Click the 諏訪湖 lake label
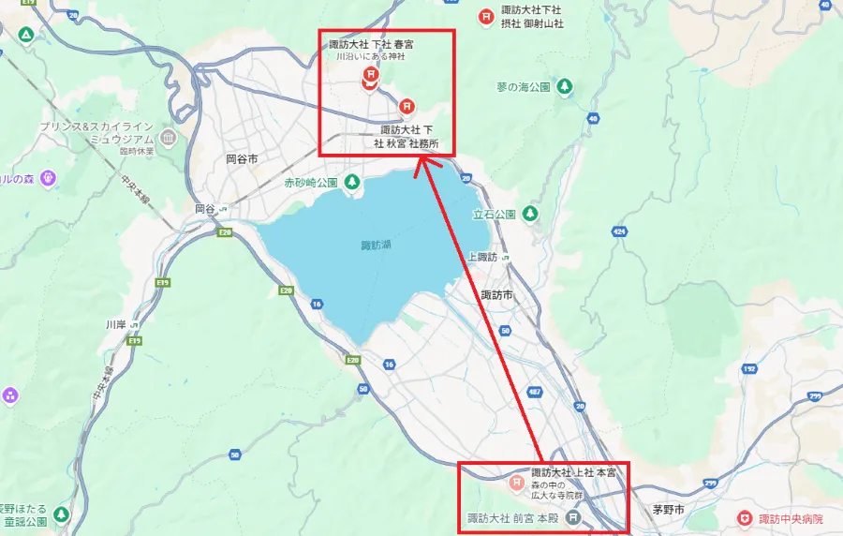(377, 246)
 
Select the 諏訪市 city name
(496, 295)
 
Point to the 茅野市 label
(669, 510)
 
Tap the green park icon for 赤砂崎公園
(352, 182)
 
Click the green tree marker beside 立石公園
(530, 214)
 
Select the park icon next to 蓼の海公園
(564, 87)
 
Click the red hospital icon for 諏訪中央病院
(745, 518)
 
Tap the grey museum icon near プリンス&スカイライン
(169, 140)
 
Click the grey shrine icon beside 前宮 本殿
(575, 517)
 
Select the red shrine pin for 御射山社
(486, 16)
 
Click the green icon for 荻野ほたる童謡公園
(61, 514)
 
